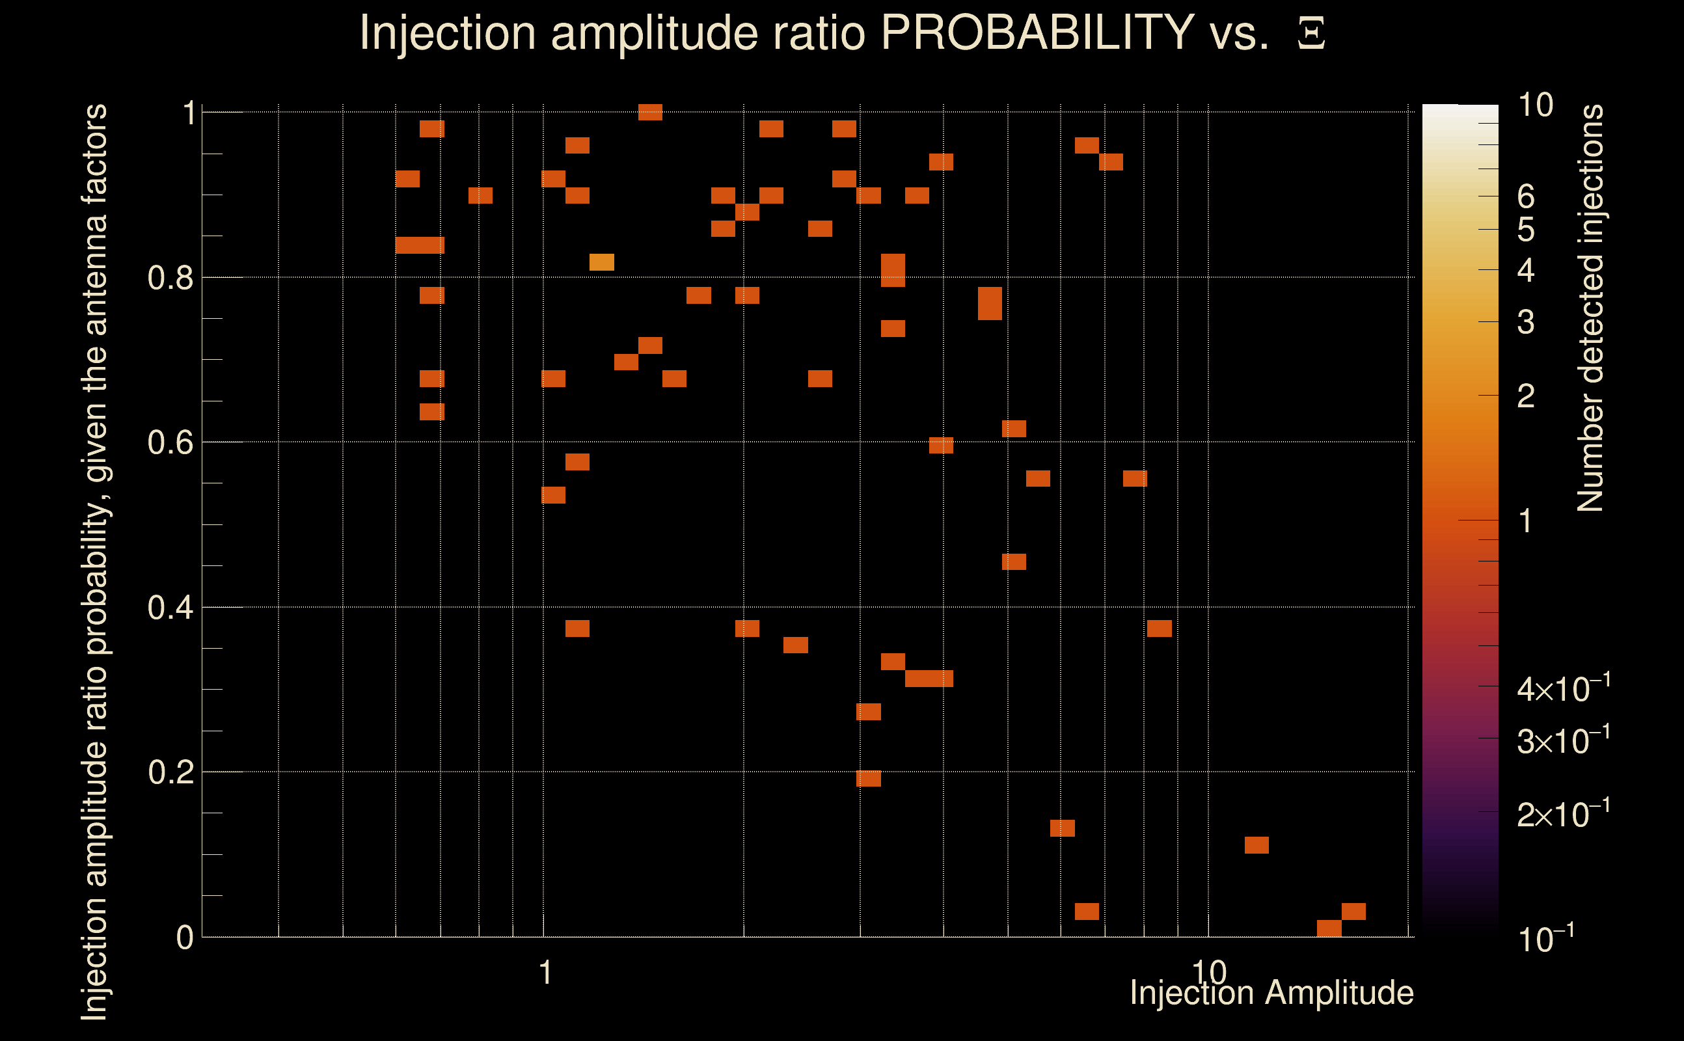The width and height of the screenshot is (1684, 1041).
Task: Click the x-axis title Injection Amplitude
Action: pos(1271,993)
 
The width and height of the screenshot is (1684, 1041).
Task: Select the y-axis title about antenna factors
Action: pos(94,561)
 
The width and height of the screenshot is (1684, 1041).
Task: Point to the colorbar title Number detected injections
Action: pos(1590,308)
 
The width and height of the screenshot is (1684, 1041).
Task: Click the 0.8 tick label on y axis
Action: pos(170,278)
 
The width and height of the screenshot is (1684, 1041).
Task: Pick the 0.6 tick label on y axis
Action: pos(170,442)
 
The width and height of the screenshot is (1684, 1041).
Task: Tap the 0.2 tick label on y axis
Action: pos(170,772)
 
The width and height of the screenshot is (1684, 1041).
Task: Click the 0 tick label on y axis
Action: pos(185,938)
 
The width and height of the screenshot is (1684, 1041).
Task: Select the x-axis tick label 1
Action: pos(545,973)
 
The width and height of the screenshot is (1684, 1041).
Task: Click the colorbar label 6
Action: pos(1526,197)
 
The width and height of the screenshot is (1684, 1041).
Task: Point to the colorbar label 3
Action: pos(1526,322)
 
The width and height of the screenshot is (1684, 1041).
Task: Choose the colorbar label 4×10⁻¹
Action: pos(1563,688)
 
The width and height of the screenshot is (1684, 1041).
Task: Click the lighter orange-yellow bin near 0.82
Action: pos(601,262)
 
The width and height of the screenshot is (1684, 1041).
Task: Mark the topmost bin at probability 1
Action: pos(650,112)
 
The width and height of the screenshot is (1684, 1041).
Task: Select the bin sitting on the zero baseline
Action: pos(1329,928)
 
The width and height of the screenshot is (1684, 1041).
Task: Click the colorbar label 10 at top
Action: pos(1535,105)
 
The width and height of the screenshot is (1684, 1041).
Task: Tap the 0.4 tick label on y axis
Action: pos(170,608)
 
